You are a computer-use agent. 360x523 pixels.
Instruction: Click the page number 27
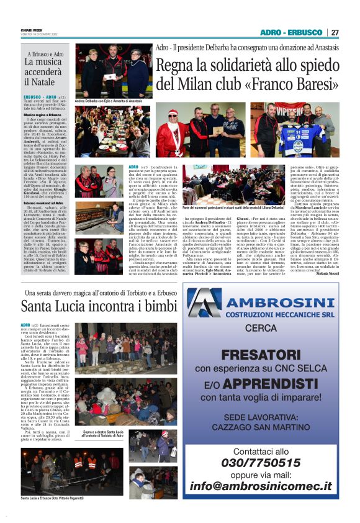(x=335, y=32)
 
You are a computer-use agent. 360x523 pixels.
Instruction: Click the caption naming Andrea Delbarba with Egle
(x=108, y=100)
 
